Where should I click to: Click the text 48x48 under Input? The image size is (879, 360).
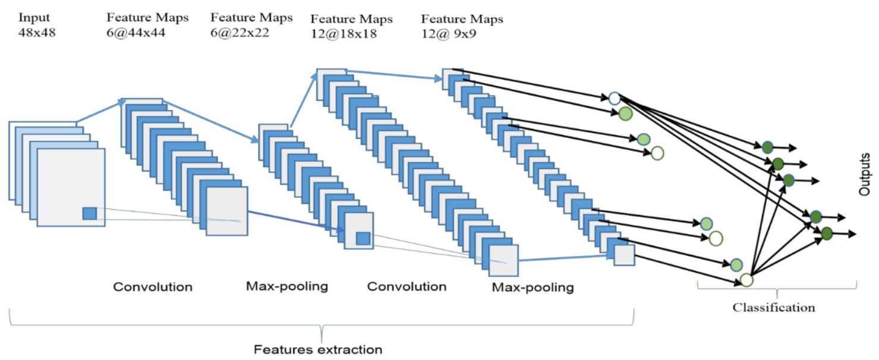click(37, 33)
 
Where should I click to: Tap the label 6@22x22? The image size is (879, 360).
click(240, 33)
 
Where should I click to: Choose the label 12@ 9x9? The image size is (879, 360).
click(448, 34)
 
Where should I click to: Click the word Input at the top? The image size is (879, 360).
click(34, 18)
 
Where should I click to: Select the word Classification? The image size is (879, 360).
click(773, 308)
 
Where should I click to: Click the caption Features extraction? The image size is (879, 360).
click(318, 349)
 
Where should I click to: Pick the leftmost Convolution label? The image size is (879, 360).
click(153, 287)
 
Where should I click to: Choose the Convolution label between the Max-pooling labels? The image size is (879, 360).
click(407, 287)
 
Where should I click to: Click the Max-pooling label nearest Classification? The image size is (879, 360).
click(533, 288)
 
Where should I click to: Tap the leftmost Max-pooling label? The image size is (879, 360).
click(287, 286)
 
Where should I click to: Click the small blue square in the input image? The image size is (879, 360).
click(89, 213)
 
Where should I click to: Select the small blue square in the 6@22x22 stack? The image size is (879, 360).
click(363, 239)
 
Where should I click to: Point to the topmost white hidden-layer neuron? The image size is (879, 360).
click(614, 98)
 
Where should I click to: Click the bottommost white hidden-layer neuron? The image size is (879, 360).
click(746, 280)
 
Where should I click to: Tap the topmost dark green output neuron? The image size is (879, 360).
click(767, 147)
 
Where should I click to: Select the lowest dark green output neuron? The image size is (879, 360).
click(827, 233)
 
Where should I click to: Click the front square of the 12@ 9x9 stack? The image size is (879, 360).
click(624, 255)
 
